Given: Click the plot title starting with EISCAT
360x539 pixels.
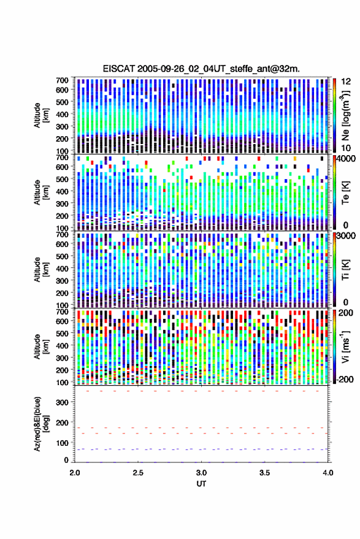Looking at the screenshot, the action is [201, 69].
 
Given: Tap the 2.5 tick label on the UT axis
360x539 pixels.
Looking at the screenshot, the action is [138, 473].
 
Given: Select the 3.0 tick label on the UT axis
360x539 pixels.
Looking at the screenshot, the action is [201, 473].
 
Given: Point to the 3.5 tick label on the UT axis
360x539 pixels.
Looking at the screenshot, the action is [264, 473].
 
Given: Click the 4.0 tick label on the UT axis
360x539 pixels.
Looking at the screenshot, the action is [328, 473].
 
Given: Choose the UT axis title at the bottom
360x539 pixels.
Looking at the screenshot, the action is [201, 484].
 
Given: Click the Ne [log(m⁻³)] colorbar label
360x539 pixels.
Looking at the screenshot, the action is [345, 115].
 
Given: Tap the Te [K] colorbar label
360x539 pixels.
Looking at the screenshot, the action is [345, 193].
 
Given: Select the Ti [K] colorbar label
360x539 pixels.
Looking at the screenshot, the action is [345, 270].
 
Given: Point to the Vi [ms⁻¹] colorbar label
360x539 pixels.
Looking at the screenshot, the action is [345, 346].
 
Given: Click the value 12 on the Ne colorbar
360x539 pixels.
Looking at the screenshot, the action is [346, 82].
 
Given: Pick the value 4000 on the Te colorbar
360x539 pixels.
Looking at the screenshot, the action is [347, 158].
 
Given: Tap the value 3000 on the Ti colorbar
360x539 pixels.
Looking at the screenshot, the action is [347, 235].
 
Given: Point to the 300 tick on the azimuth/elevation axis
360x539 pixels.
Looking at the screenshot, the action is [62, 402].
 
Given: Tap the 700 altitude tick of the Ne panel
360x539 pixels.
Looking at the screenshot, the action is [62, 80].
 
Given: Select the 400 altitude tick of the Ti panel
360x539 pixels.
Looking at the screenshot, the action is [62, 269].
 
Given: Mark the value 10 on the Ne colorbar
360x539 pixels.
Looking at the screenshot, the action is [346, 148].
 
